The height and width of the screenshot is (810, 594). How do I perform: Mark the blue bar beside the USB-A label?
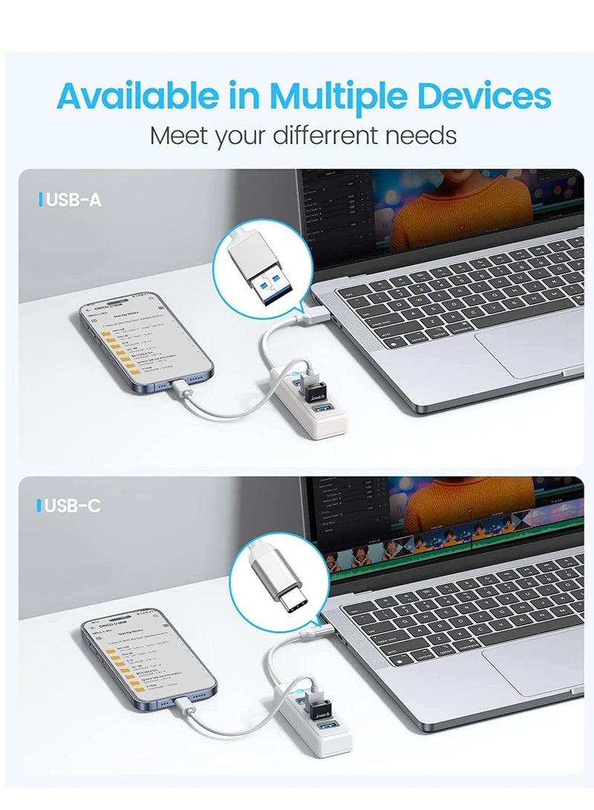coord(40,200)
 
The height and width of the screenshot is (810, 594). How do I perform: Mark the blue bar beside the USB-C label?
coord(39,506)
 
